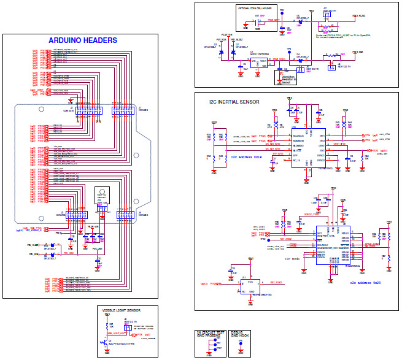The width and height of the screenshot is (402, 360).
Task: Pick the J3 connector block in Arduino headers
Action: tap(77, 214)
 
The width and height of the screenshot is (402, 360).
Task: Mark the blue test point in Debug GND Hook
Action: tap(241, 345)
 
